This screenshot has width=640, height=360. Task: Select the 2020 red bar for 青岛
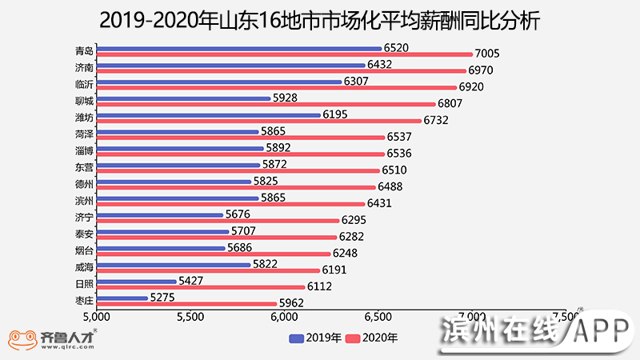(x=284, y=55)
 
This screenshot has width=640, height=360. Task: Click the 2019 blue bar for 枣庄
(x=122, y=298)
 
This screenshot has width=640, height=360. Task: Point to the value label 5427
(x=191, y=281)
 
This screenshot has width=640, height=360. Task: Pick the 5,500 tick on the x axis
(x=190, y=317)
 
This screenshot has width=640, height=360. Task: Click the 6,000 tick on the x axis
(x=284, y=317)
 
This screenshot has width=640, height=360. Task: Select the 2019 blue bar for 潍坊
(x=208, y=115)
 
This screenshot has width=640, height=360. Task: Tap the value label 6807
(x=450, y=104)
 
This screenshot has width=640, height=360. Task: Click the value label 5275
(x=163, y=298)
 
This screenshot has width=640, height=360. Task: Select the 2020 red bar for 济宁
(x=218, y=220)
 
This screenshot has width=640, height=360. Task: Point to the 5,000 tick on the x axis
(x=97, y=317)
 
